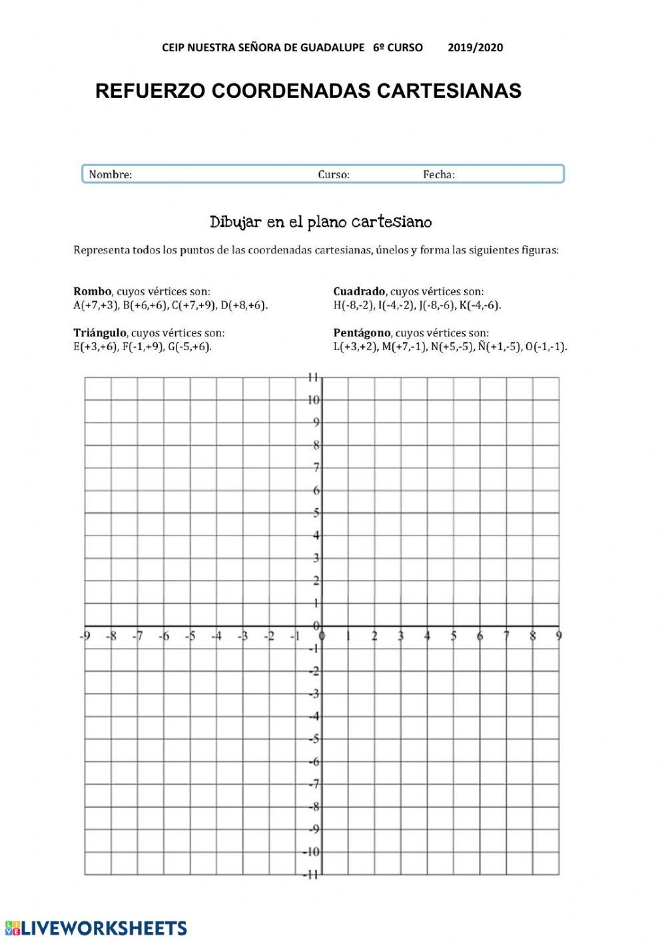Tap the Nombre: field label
[111, 175]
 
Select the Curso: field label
[334, 175]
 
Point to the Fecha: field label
[439, 175]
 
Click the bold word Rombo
[93, 291]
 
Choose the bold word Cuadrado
[359, 291]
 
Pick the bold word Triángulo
[100, 333]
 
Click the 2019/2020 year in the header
[475, 48]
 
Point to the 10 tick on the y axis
[314, 400]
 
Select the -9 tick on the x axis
[85, 636]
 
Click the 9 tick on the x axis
[559, 636]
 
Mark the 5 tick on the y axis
[316, 513]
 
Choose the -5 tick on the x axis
[190, 636]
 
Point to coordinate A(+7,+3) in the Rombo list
[96, 305]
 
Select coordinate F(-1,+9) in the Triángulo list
[143, 347]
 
